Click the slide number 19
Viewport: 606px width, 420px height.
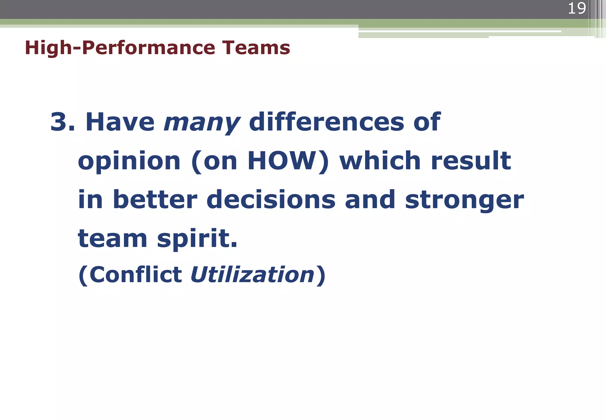pos(576,8)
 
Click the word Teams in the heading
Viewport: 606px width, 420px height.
pos(256,48)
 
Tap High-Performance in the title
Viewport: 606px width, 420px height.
pos(120,48)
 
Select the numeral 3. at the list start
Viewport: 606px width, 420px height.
pos(62,122)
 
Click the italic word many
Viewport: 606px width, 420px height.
pos(202,123)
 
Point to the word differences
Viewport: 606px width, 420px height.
pos(326,122)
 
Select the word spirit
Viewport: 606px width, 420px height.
pos(197,239)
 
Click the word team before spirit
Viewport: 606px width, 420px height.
pos(112,239)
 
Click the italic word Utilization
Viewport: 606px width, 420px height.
pos(252,275)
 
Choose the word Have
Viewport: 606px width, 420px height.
pos(120,122)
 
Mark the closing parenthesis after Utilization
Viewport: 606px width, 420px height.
pos(321,275)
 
